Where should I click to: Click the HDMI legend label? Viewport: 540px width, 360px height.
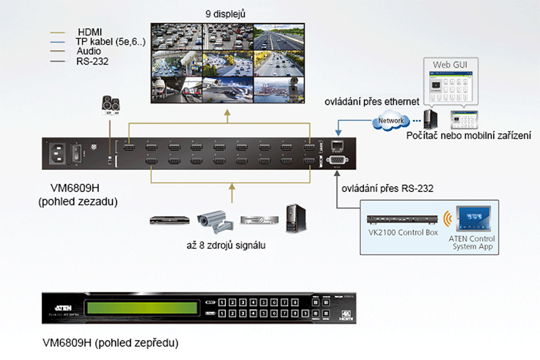90,32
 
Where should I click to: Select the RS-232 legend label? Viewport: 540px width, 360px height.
92,61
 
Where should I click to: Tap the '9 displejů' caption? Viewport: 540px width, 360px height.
225,14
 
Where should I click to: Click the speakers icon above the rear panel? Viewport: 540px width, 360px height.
111,105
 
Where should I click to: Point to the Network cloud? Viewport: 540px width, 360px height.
390,121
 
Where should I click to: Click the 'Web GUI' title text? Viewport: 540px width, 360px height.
450,65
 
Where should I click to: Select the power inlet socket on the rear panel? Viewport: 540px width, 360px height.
57,153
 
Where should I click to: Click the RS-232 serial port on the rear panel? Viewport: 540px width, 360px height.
337,160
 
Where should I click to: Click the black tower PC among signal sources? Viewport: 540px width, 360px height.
296,218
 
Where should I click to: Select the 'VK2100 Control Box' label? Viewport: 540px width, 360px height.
403,232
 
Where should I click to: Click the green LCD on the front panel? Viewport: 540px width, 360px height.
142,308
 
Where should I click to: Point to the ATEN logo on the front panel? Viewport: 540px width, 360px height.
64,308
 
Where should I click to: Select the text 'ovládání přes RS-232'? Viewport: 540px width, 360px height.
387,188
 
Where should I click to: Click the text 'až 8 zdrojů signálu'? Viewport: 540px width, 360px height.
226,245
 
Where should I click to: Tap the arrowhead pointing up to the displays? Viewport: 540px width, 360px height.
228,113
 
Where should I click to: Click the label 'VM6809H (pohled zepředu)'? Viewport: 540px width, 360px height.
110,343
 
